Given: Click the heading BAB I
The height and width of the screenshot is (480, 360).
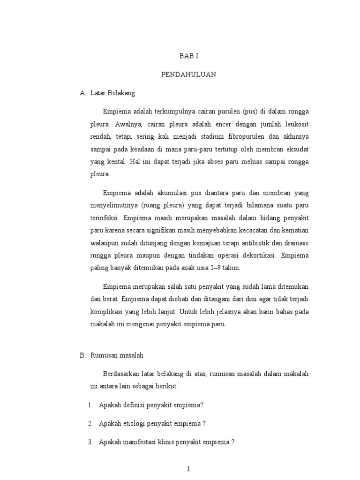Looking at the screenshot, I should (189, 56).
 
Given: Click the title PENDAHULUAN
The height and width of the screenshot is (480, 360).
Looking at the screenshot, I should (189, 75).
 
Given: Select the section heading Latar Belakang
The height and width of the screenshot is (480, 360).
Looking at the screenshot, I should (112, 93).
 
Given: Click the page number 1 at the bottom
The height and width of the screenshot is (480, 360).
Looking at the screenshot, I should (188, 469).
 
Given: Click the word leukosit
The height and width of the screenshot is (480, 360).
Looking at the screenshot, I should (295, 125).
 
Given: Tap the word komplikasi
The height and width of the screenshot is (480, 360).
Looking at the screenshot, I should (107, 311).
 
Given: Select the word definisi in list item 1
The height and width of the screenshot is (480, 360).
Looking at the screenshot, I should (133, 405).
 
